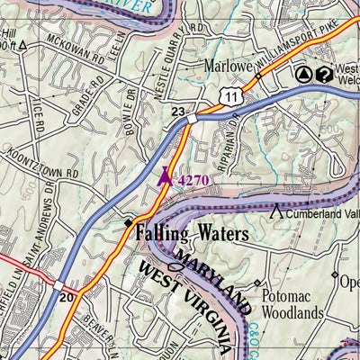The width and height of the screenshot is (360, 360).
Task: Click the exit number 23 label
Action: tap(179, 112)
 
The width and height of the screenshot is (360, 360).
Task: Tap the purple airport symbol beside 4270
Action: tap(164, 177)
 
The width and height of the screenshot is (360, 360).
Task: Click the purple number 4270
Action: tap(193, 180)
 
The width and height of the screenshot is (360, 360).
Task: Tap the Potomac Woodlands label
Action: tap(292, 303)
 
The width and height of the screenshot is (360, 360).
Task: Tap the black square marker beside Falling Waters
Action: tap(129, 222)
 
